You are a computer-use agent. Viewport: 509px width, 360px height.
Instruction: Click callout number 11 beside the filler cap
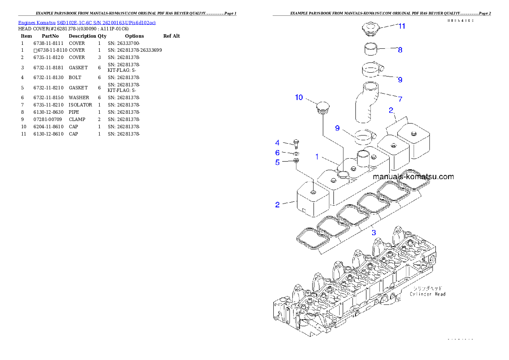[401, 26]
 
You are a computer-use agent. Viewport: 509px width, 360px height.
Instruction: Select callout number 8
[400, 50]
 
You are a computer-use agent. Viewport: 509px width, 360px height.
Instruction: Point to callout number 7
[400, 99]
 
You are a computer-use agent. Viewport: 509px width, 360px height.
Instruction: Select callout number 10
[299, 97]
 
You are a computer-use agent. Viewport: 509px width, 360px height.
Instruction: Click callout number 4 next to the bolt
[277, 143]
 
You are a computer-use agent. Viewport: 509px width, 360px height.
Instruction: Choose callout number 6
[277, 153]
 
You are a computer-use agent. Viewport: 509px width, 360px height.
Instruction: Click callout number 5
[277, 162]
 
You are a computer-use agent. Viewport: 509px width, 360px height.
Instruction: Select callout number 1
[317, 157]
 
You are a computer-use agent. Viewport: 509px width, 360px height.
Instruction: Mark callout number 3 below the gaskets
[373, 233]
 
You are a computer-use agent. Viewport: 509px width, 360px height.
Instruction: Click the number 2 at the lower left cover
[277, 205]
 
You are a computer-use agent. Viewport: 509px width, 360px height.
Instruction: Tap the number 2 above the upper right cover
[391, 110]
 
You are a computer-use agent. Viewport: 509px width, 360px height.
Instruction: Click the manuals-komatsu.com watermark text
[413, 177]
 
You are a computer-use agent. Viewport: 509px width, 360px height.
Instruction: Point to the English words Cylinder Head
[427, 294]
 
